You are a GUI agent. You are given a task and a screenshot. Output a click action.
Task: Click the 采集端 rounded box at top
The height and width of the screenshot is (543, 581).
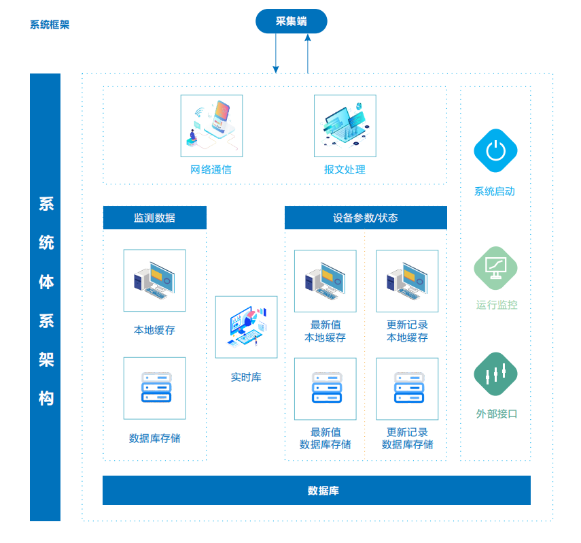tap(292, 21)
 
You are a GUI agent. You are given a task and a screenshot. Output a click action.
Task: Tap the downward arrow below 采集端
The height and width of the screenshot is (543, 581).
tap(276, 53)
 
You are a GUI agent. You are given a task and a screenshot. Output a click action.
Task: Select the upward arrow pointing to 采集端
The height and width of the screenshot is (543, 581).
tap(308, 54)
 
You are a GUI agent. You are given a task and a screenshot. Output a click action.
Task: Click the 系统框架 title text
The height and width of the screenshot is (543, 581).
tap(50, 24)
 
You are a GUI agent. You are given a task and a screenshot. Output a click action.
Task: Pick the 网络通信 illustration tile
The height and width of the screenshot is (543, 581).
tap(211, 126)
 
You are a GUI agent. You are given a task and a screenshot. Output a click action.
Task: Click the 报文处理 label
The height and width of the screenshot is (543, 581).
tap(345, 169)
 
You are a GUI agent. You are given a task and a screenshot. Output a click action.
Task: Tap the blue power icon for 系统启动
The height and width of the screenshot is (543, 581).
tap(495, 150)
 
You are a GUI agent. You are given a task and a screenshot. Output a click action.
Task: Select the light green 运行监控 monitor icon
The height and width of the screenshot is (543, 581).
tap(495, 268)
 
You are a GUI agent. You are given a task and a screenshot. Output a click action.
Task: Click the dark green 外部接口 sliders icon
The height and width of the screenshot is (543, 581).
tap(495, 374)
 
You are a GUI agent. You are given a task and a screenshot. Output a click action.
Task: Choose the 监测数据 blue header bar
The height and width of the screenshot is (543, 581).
tap(155, 218)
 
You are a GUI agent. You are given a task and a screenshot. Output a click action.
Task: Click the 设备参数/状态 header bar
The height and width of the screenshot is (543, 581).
tap(366, 218)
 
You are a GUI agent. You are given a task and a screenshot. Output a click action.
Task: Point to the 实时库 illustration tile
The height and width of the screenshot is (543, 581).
tap(247, 327)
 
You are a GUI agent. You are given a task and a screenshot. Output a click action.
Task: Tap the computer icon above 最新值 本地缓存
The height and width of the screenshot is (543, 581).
tap(325, 281)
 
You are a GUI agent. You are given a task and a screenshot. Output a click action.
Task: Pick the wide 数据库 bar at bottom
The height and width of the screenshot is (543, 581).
tap(317, 490)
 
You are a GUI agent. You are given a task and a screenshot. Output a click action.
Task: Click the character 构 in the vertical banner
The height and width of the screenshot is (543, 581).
tap(46, 398)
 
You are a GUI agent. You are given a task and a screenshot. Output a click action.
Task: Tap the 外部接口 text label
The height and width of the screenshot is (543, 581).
tap(497, 414)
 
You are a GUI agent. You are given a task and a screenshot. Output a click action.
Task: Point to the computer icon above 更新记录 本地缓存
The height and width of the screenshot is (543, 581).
tap(407, 281)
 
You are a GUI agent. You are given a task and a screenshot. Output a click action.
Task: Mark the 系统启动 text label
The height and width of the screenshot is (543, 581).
tap(495, 191)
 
